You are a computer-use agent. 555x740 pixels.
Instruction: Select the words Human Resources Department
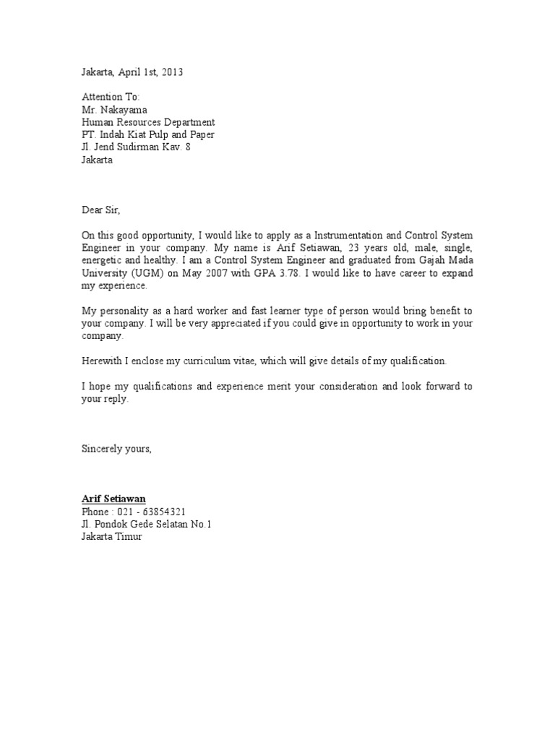[x=147, y=122]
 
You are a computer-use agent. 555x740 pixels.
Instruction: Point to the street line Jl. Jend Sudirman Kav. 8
[x=136, y=147]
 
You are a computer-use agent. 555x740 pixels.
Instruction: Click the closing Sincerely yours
[x=116, y=449]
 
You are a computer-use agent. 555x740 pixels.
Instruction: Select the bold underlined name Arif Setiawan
[x=113, y=499]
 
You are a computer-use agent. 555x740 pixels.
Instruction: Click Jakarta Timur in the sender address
[x=112, y=537]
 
